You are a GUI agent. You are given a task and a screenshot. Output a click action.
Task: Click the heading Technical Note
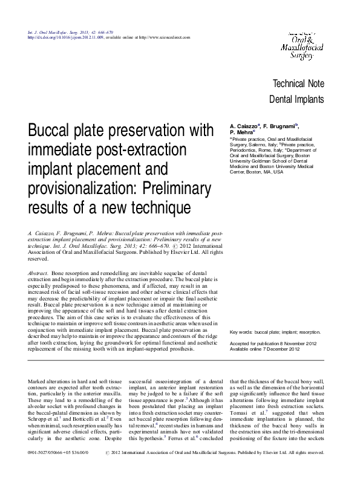[x=299, y=84]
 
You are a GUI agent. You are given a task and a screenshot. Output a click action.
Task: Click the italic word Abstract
[x=38, y=274]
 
